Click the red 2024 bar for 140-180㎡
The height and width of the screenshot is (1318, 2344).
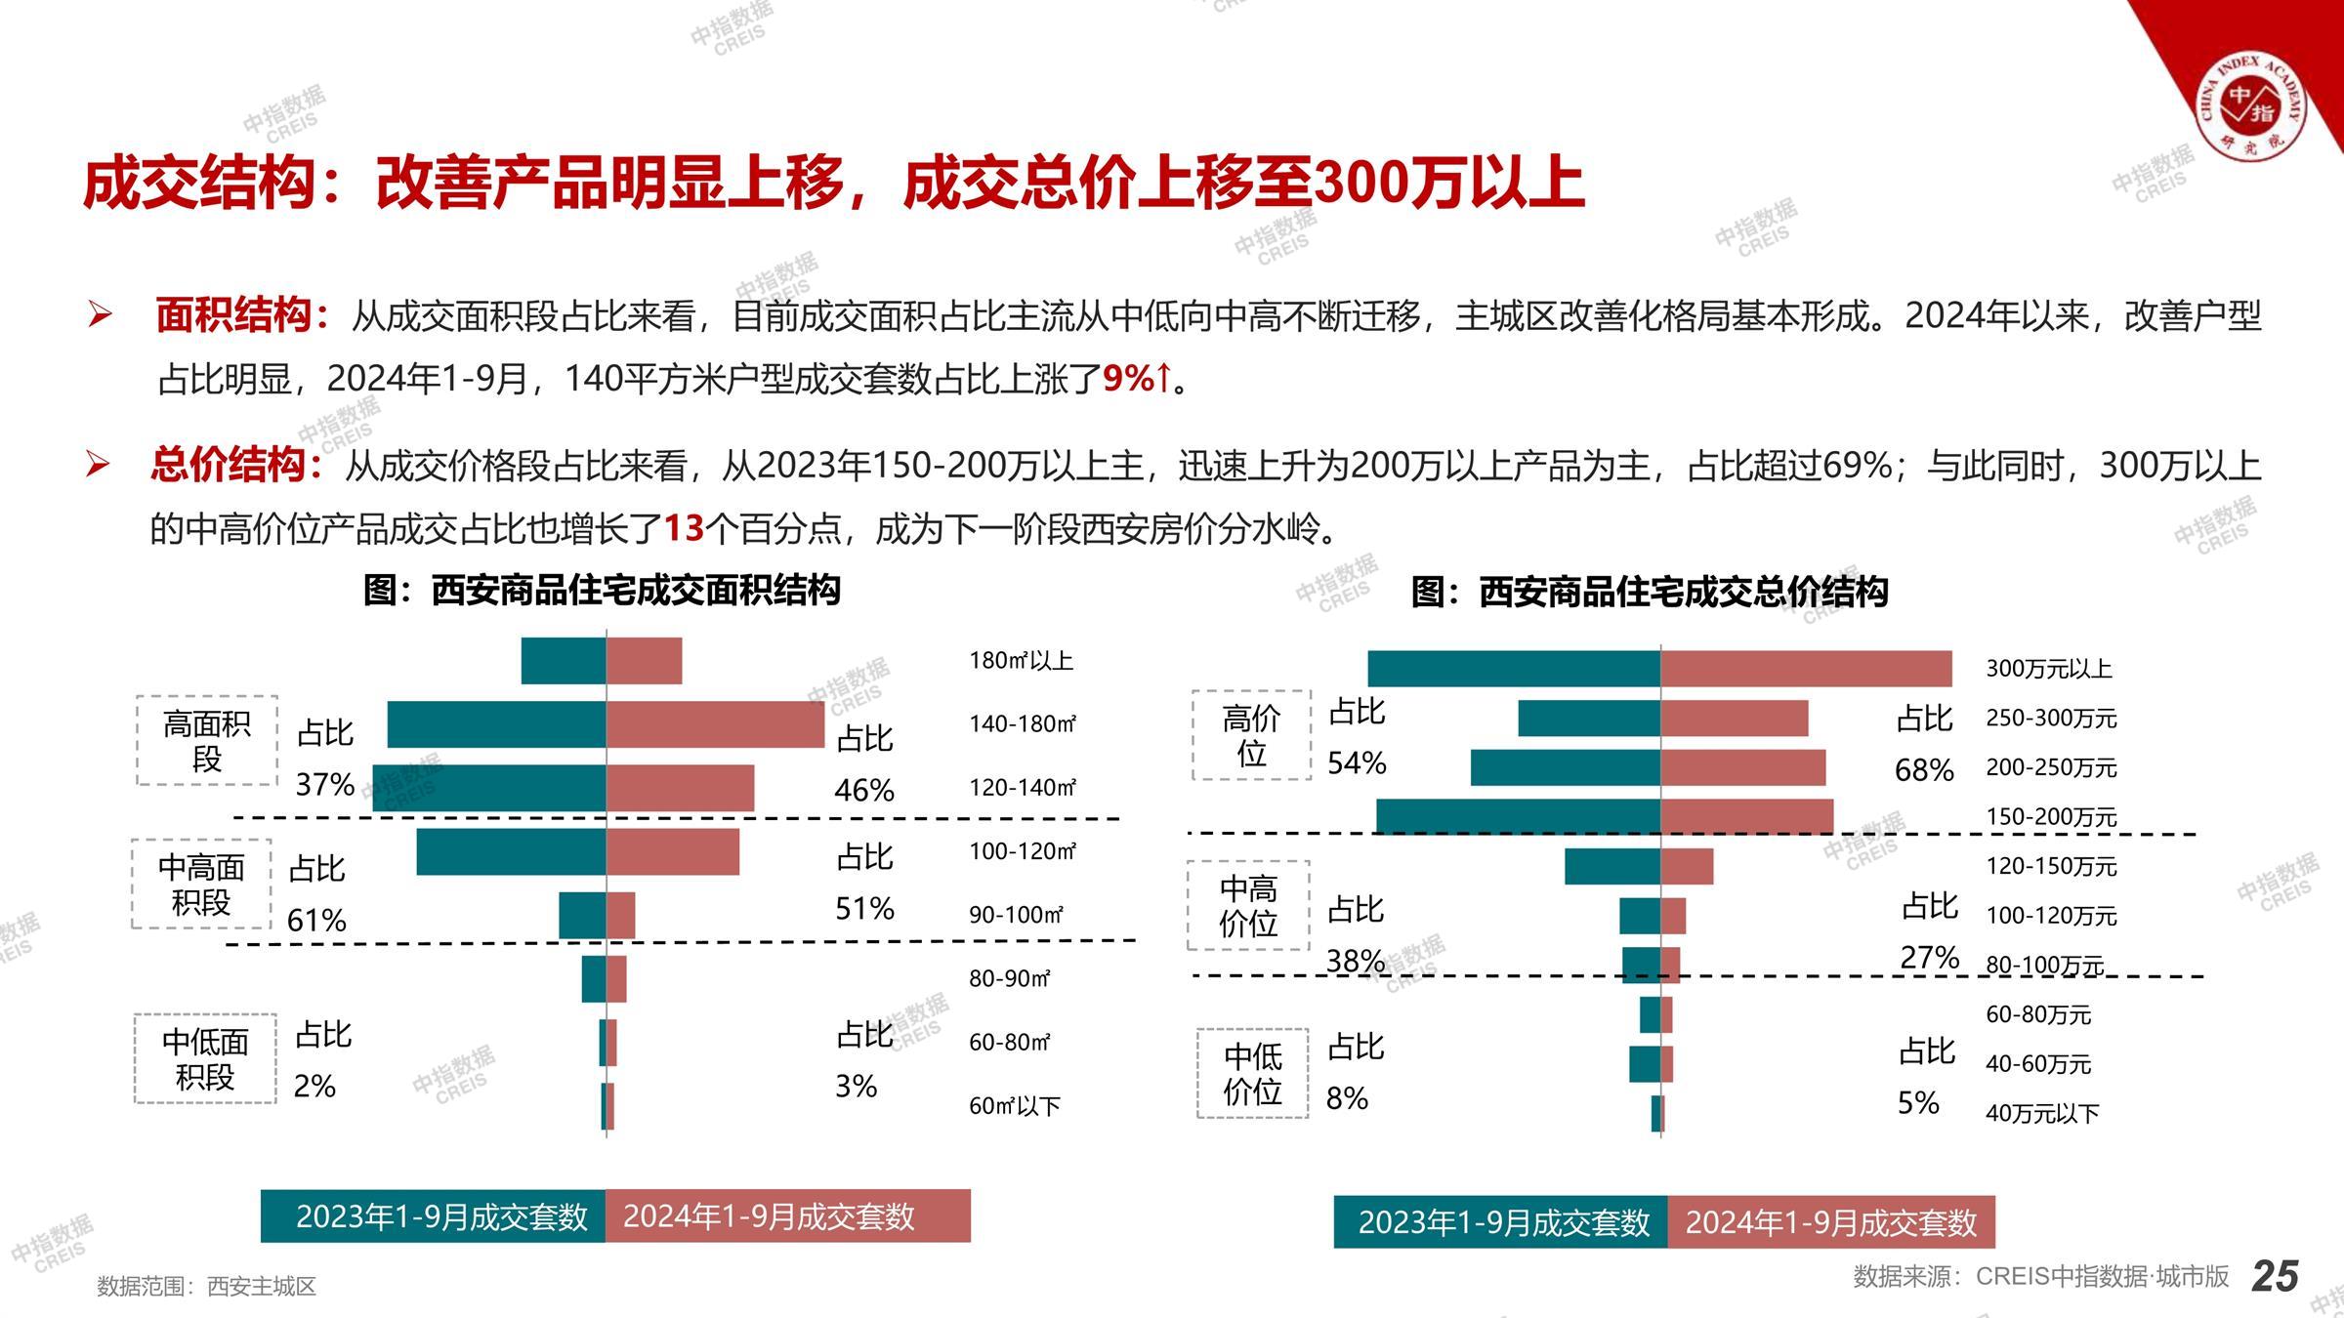coord(715,724)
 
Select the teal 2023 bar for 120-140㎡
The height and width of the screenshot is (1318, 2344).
coord(489,788)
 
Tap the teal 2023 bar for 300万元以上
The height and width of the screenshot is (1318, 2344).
coord(1514,669)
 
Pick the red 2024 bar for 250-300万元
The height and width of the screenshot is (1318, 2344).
coord(1734,719)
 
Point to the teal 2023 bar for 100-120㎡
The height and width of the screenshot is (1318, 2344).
coord(511,851)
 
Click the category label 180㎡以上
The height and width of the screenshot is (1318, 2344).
coord(1021,661)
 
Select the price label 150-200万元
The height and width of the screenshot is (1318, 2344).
coord(2051,817)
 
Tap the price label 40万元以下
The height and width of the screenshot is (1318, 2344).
coord(2042,1113)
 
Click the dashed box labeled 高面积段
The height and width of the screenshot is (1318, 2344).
coord(207,741)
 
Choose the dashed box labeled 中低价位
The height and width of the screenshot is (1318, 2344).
coord(1253,1073)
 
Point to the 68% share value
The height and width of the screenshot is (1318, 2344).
coord(1924,770)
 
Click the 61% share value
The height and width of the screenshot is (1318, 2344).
coord(316,920)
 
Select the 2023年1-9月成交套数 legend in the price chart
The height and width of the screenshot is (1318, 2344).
coord(1502,1222)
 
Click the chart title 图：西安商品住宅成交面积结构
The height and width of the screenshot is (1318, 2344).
coord(602,591)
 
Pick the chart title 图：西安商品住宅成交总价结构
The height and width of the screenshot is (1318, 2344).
coord(1650,593)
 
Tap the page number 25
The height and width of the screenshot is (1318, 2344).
coord(2275,1276)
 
